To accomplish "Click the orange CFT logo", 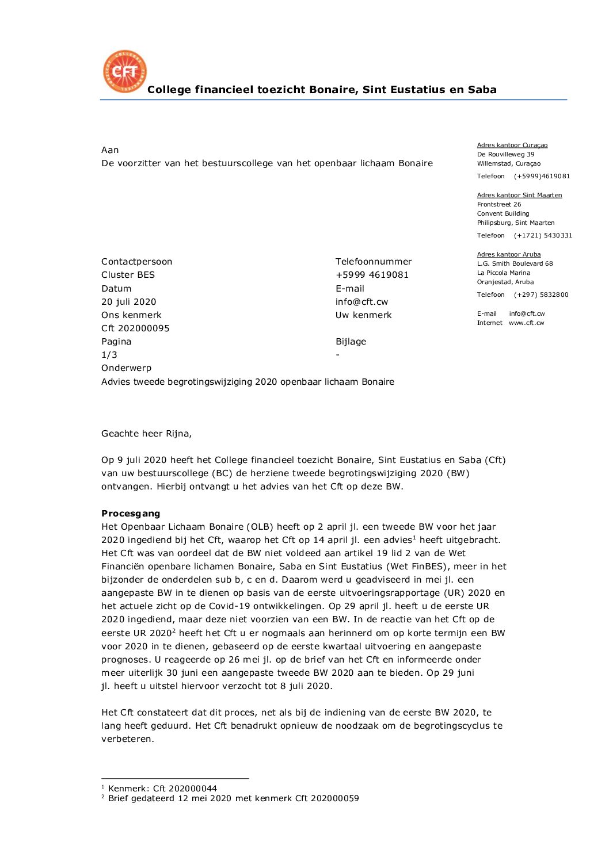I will (125, 71).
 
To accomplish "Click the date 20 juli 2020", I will (128, 302).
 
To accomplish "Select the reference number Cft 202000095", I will (135, 328).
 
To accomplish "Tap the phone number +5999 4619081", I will (372, 275).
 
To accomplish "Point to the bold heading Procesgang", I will (131, 514).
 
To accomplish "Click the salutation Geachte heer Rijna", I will (146, 434).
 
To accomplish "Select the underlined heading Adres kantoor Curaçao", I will (512, 146).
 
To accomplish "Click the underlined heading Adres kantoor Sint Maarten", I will (519, 196).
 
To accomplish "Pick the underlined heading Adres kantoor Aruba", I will (508, 255).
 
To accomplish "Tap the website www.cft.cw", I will (526, 323).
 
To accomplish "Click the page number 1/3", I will (109, 355).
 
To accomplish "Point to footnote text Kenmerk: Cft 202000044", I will (162, 789).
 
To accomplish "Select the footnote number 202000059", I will (334, 798).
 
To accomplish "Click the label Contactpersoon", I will (136, 262).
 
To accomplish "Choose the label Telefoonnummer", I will (374, 262).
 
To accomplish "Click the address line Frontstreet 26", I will (498, 205).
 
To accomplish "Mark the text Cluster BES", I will (128, 275).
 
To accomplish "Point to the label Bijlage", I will (351, 342).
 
